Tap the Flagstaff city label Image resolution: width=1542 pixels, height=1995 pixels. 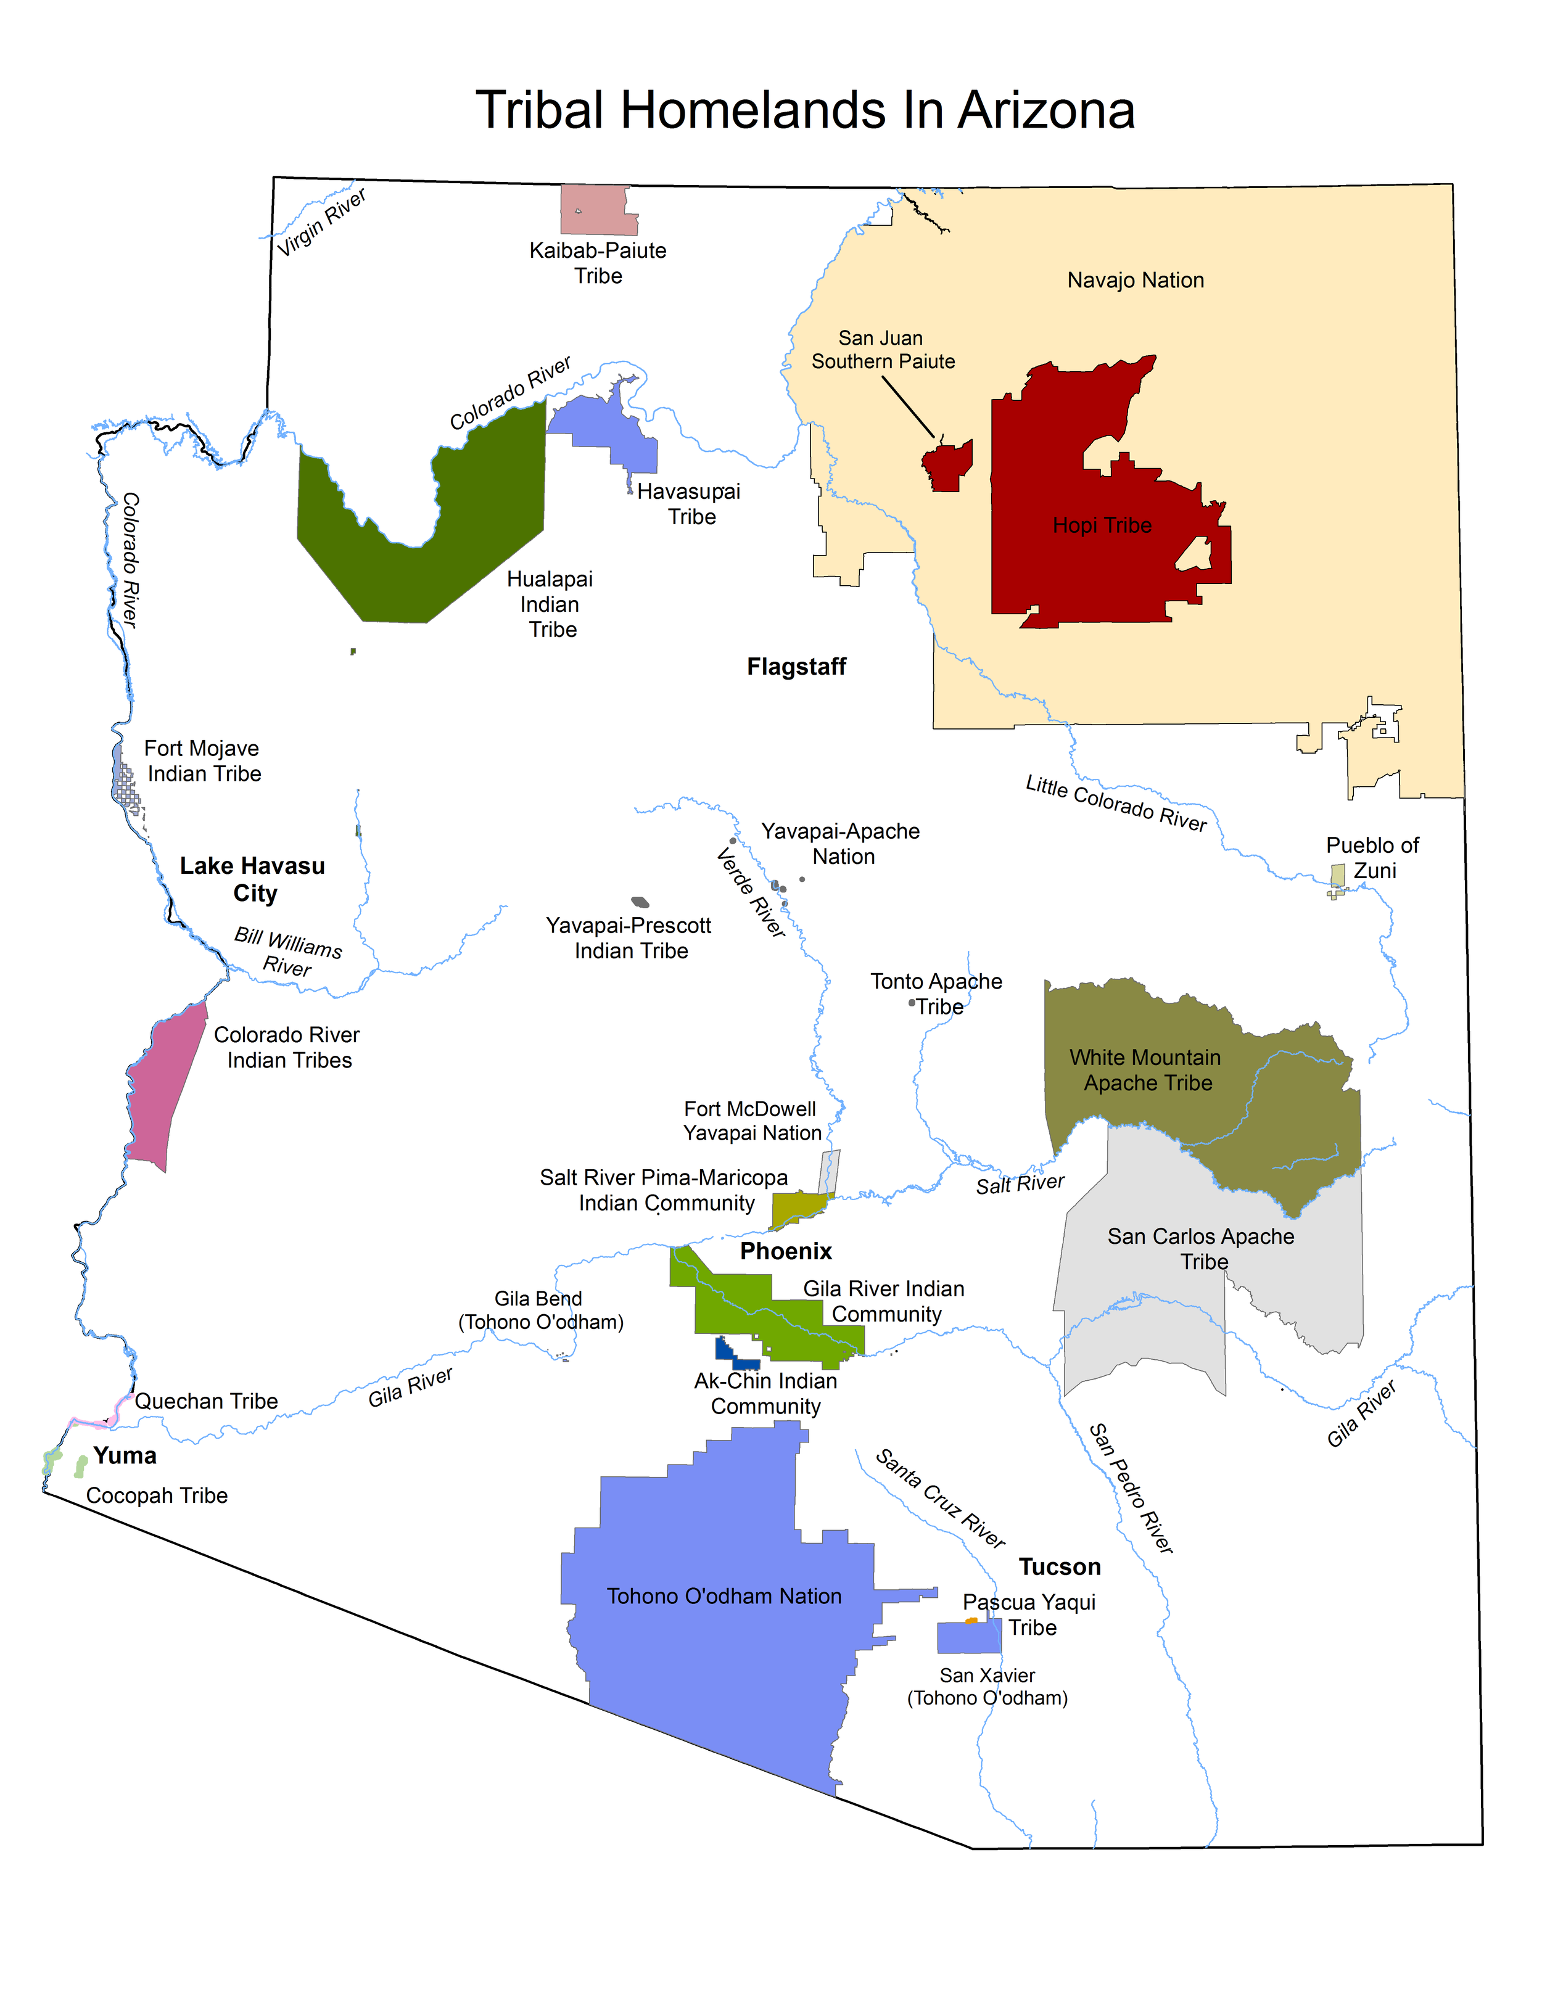(x=796, y=667)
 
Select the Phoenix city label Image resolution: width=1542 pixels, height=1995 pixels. (x=786, y=1251)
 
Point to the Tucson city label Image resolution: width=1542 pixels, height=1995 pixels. (x=1060, y=1566)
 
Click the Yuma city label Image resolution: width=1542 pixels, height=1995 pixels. (x=125, y=1455)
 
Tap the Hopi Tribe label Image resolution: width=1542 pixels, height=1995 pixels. (x=1102, y=525)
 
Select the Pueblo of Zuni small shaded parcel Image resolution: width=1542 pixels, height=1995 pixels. (x=1338, y=875)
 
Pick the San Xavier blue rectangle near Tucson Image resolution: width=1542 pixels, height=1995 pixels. (x=968, y=1638)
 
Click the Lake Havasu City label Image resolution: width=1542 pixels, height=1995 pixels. (x=252, y=879)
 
